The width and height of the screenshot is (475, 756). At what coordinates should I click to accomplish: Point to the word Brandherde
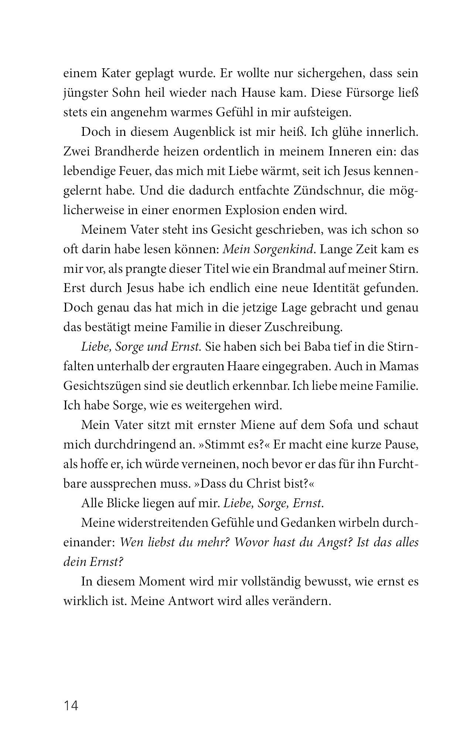130,152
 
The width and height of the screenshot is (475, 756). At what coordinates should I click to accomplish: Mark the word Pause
400,445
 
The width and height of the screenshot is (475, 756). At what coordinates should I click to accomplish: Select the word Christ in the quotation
250,484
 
